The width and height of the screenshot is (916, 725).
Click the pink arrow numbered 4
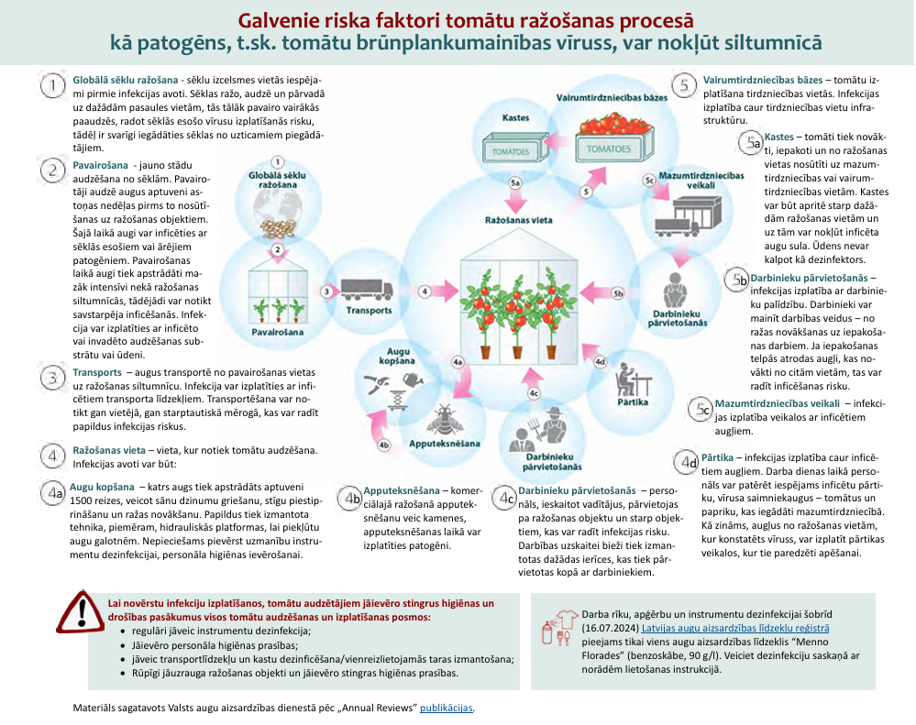(425, 291)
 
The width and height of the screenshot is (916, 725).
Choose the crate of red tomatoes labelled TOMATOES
(610, 141)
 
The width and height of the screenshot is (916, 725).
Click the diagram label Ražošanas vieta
(518, 220)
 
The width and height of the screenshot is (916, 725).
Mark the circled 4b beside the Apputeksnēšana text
(350, 498)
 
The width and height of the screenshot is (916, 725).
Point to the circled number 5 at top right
(685, 85)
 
